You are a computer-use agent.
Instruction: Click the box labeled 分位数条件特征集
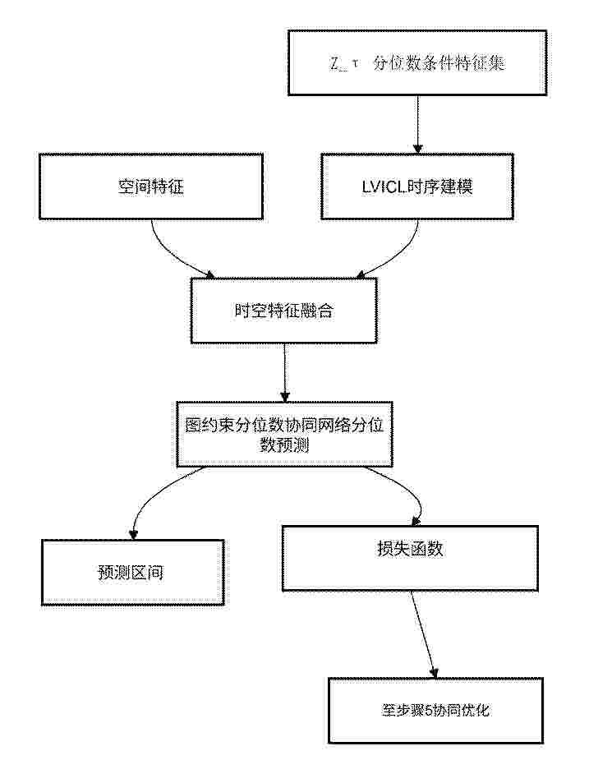click(x=417, y=62)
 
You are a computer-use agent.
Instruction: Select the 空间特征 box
click(x=151, y=187)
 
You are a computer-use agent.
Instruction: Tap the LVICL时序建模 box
click(x=417, y=187)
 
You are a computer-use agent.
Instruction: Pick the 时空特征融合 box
click(x=284, y=311)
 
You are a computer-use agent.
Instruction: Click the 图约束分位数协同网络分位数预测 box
click(x=284, y=435)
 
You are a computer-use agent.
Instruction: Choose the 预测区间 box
click(x=133, y=573)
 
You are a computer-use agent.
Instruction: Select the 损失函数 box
click(x=410, y=559)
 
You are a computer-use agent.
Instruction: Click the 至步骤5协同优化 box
click(x=436, y=711)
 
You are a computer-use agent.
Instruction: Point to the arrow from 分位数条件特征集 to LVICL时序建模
click(x=417, y=125)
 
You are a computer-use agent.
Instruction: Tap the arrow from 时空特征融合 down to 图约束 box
click(x=284, y=373)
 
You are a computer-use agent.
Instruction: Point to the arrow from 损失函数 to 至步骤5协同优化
click(x=424, y=634)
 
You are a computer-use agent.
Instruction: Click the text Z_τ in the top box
click(x=344, y=63)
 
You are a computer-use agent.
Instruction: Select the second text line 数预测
click(x=284, y=445)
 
